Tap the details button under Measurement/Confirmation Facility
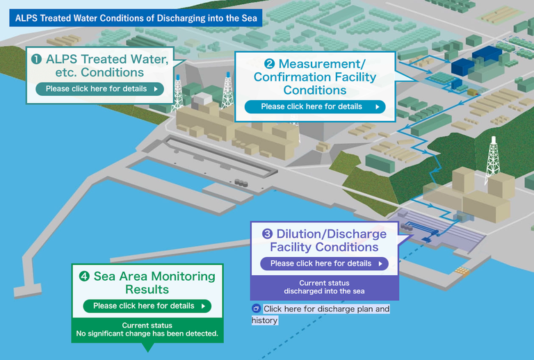315,106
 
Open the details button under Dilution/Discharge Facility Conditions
324,263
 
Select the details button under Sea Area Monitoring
147,306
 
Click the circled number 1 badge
35,60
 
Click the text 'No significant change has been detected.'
147,334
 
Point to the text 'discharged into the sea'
324,291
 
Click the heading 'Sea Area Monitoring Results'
147,282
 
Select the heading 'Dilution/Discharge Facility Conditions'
324,240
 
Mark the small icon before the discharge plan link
256,309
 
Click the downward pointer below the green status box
147,347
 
